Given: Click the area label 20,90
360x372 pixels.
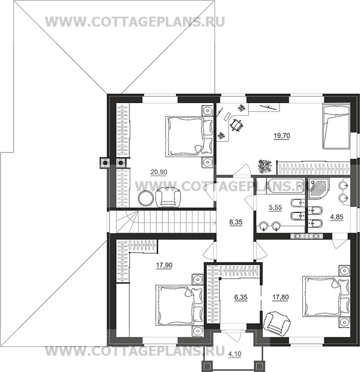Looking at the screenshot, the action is (x=159, y=172).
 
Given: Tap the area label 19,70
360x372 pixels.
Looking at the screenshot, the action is (x=282, y=136).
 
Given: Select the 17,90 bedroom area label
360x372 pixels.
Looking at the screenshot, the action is (x=164, y=265).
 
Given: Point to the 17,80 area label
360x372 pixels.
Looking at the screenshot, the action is (x=281, y=297).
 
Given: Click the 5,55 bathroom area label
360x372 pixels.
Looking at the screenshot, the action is (x=275, y=207).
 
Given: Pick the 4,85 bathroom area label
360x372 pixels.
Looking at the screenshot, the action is (x=336, y=217).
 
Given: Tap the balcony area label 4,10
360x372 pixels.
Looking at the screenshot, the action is (x=235, y=354).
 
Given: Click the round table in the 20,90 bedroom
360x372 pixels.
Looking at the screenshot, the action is (x=146, y=198).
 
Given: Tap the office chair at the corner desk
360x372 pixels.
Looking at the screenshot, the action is (x=236, y=124).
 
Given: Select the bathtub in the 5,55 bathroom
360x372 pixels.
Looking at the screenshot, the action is (x=285, y=186).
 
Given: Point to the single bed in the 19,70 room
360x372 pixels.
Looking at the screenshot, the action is (x=336, y=127).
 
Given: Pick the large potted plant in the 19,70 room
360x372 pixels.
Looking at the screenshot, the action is (x=265, y=166).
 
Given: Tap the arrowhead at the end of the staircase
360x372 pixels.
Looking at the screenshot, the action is (x=215, y=222).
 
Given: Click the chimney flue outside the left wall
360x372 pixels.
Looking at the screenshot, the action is (x=105, y=163).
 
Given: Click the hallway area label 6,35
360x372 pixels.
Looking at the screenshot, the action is (x=236, y=222).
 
